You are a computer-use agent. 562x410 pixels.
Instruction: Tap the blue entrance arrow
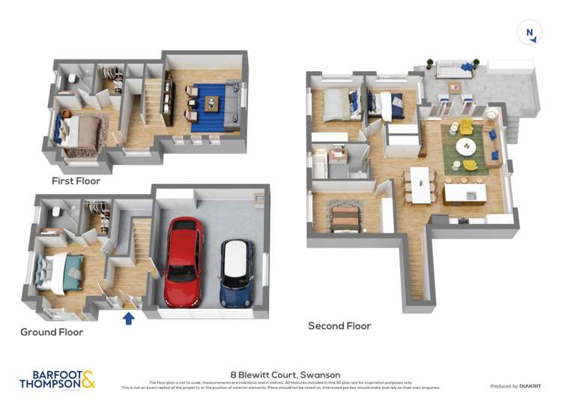coord(129,318)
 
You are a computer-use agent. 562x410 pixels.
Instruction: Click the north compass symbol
coord(529,32)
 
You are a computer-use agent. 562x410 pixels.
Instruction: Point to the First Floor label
coord(76,181)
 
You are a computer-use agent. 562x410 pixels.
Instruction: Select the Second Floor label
coord(339,326)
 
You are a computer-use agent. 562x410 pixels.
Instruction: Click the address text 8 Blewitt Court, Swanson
coord(285,375)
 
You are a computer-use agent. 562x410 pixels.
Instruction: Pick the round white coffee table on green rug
coord(465,145)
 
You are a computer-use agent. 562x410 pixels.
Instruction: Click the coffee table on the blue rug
coord(211,105)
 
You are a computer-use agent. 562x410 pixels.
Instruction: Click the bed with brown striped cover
coord(346,217)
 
